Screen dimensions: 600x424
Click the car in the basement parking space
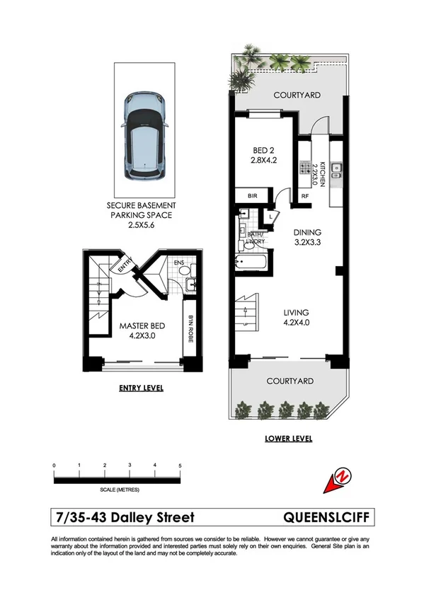click(144, 136)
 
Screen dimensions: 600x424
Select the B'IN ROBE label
click(190, 330)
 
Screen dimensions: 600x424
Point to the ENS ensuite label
click(179, 266)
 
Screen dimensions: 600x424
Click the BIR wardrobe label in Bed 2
click(251, 196)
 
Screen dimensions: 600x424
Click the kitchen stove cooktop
click(309, 170)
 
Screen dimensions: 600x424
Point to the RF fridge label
click(305, 197)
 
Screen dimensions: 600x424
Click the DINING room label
click(308, 232)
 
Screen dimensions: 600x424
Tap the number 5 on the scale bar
click(181, 465)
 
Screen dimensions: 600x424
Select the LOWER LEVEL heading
click(289, 439)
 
